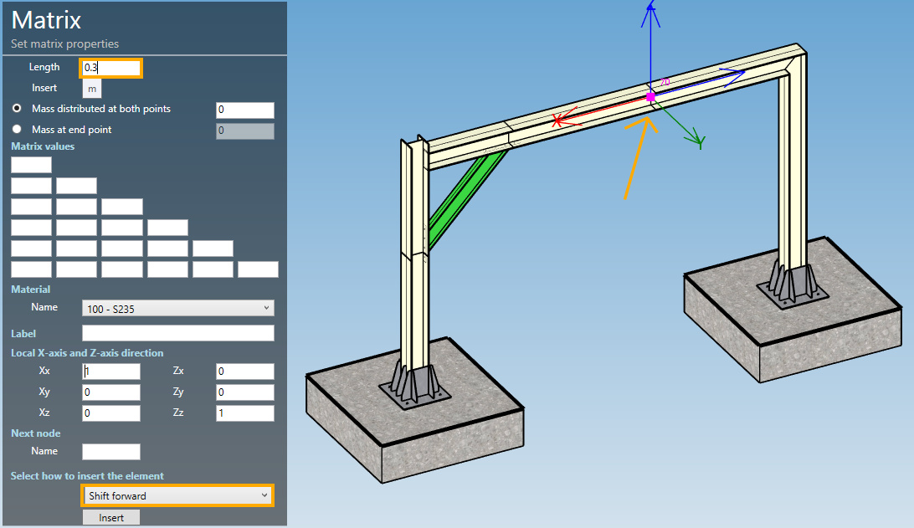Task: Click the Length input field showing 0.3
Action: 110,68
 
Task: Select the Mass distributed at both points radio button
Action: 17,109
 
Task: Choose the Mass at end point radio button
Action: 17,130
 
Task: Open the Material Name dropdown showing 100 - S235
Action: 177,308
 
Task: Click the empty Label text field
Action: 177,333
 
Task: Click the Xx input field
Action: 110,372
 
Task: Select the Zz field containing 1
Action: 244,413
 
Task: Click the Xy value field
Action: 110,392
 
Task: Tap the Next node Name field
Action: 110,452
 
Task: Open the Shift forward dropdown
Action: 177,496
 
